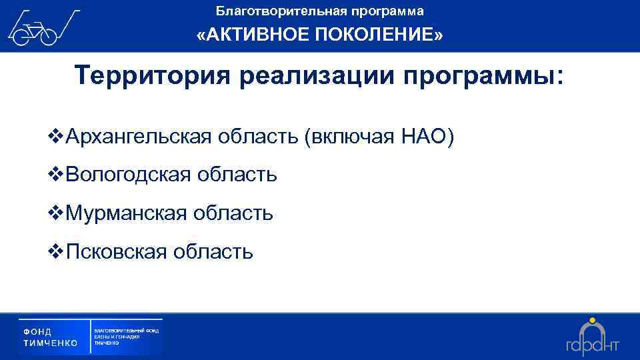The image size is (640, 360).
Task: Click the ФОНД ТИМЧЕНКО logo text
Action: pyautogui.click(x=50, y=337)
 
